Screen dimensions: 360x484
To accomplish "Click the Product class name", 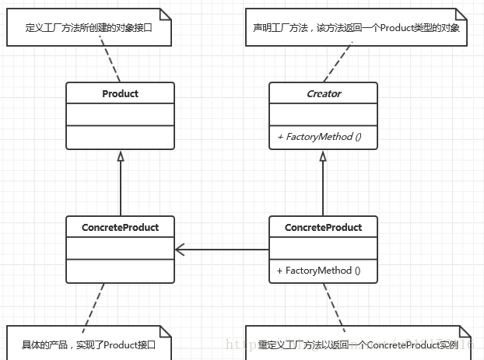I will [x=120, y=94].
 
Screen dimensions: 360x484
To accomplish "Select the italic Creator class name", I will [x=323, y=94].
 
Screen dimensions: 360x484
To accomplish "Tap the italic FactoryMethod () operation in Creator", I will [x=319, y=137].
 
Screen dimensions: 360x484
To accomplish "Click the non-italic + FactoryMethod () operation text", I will [x=319, y=271].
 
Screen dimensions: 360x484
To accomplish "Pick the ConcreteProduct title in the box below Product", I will [x=120, y=228].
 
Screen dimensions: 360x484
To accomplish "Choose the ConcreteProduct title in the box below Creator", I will [x=323, y=228].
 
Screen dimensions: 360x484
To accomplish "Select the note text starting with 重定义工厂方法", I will [x=358, y=345].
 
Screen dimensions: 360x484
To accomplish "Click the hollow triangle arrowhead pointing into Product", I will [x=120, y=156].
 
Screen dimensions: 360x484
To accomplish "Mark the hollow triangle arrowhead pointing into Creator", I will [x=323, y=156].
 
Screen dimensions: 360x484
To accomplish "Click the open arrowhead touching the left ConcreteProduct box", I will [x=180, y=250].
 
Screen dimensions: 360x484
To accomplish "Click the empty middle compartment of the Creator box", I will [x=323, y=115].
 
